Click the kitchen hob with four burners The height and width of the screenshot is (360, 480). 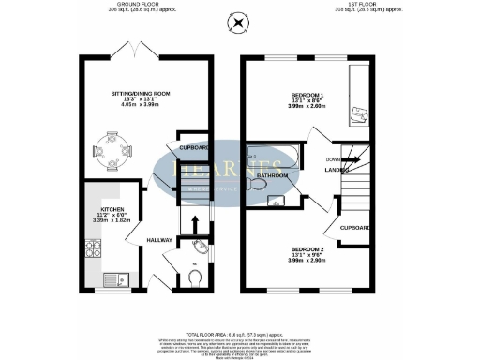pos(94,249)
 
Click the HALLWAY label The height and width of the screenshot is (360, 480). pos(159,241)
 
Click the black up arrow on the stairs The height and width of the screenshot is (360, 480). pos(194,224)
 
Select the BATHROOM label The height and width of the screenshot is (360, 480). pos(273,175)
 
